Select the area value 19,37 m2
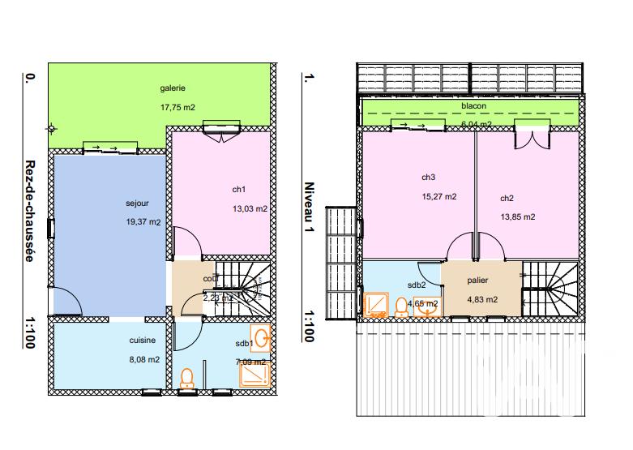143,221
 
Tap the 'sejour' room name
138,203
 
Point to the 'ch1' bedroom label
238,190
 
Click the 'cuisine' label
142,341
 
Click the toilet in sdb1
187,379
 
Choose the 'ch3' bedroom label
428,178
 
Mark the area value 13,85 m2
517,216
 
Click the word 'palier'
477,281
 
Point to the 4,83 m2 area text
481,299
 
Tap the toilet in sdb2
401,306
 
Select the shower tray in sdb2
375,304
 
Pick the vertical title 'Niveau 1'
307,210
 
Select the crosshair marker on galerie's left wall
51,128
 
